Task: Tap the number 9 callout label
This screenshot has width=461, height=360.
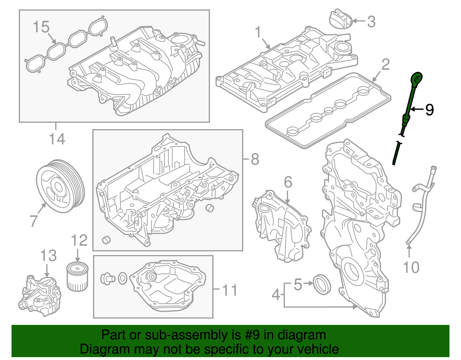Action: tap(429, 110)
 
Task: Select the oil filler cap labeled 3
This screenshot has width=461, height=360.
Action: tap(341, 19)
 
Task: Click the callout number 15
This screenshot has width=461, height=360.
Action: tap(41, 27)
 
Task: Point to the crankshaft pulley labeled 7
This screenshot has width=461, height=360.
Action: tap(60, 186)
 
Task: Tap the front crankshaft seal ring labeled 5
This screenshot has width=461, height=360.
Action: tap(322, 284)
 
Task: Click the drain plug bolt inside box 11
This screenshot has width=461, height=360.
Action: tap(107, 278)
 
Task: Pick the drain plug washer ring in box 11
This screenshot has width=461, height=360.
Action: tap(122, 278)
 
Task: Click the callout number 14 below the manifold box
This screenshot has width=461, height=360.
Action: tap(57, 139)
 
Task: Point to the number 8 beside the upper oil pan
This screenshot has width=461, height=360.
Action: tap(255, 159)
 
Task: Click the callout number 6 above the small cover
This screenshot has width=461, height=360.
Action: tap(288, 182)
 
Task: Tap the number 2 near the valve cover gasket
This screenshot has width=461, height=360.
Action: tap(386, 65)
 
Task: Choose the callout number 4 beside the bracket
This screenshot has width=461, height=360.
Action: tap(276, 295)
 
